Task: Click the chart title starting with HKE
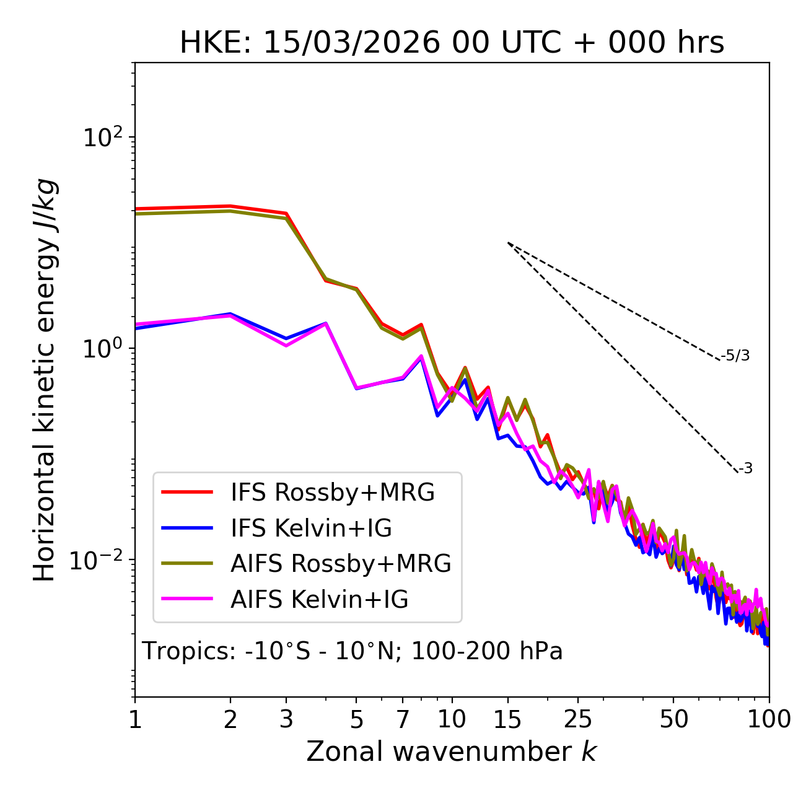[452, 43]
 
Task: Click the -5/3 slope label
[735, 356]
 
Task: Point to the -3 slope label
[746, 468]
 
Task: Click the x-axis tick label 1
[135, 719]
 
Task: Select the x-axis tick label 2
[230, 719]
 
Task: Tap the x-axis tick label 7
[403, 719]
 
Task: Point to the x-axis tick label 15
[507, 719]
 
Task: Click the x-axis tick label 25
[578, 719]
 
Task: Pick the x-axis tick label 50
[673, 719]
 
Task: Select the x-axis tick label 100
[769, 719]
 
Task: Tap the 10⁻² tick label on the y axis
[99, 560]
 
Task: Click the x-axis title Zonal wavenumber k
[452, 752]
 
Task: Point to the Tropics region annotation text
[353, 651]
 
